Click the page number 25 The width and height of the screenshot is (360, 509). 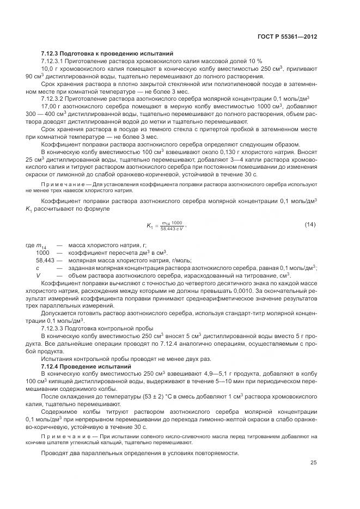pyautogui.click(x=313, y=463)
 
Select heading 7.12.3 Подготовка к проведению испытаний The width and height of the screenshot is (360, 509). pyautogui.click(x=107, y=54)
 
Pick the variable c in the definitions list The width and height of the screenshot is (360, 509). pyautogui.click(x=38, y=268)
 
